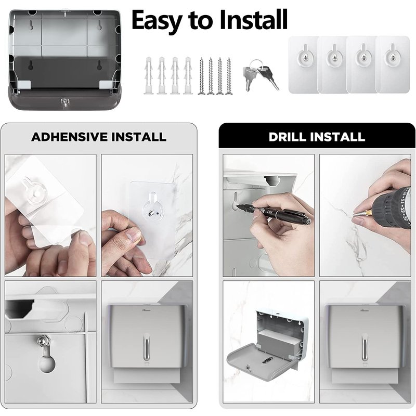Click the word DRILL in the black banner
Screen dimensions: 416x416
[x=288, y=137]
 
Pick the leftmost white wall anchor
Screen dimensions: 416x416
[x=149, y=75]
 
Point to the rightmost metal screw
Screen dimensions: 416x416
[x=228, y=76]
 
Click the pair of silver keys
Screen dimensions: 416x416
[x=261, y=74]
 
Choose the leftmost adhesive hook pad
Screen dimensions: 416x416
[x=304, y=64]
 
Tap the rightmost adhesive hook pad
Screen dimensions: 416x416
[x=393, y=64]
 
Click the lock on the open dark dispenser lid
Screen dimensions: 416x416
[x=64, y=102]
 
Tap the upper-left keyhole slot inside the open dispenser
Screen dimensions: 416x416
[x=31, y=25]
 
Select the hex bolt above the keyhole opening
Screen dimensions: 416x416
[x=43, y=340]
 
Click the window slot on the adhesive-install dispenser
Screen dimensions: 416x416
[x=146, y=347]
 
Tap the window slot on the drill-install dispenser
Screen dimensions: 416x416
[x=365, y=347]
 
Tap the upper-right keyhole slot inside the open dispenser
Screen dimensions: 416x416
[x=100, y=25]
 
